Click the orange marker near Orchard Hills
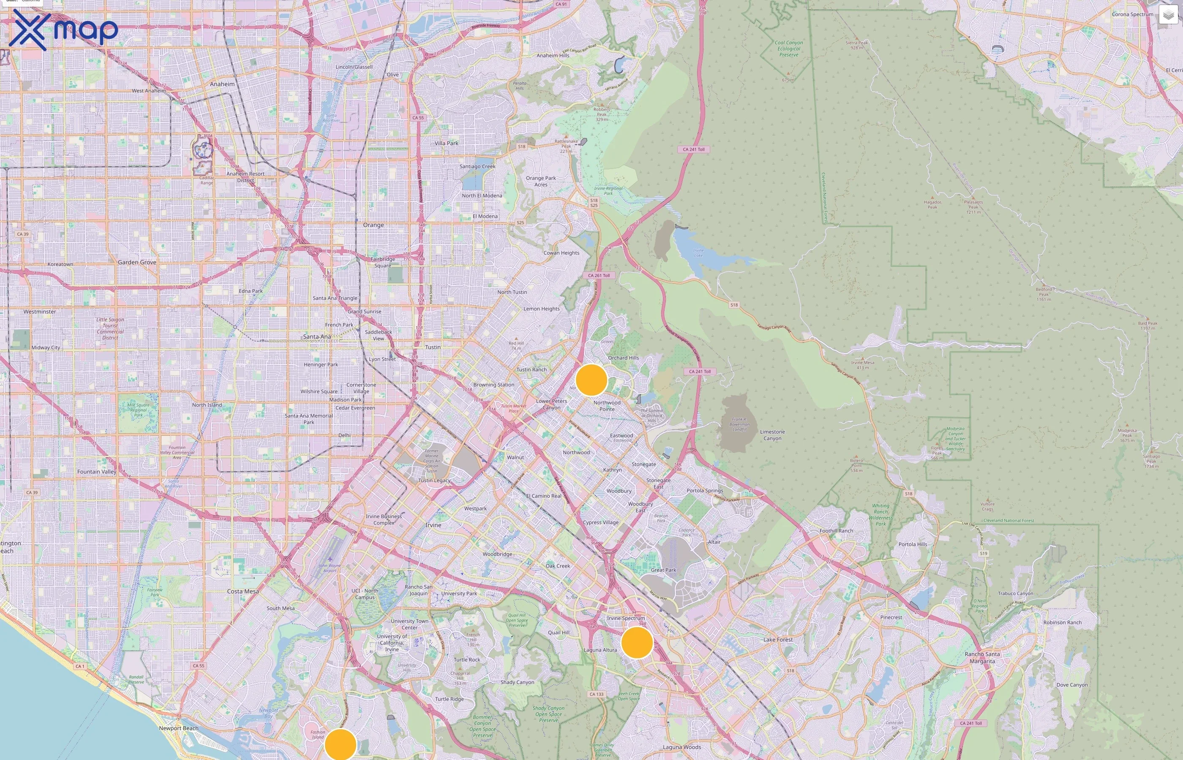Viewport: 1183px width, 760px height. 591,380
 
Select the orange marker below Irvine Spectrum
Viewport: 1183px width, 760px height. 637,643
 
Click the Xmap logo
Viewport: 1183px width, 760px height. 63,30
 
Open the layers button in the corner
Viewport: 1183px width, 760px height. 1168,15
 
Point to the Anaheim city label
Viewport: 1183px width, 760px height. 222,84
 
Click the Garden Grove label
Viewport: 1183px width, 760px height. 137,263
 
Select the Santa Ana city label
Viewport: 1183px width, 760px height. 317,337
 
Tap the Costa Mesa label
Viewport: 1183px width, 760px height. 243,591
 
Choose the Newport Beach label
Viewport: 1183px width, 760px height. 178,728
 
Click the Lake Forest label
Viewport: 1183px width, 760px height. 778,640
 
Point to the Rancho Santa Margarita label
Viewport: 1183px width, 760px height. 982,657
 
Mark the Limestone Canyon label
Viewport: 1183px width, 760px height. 772,435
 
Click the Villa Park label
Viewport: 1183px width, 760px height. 446,143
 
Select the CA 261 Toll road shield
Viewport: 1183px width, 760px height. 599,275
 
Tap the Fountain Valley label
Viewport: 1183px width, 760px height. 97,472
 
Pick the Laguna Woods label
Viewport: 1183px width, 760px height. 681,747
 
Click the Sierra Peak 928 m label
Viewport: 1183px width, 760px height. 857,45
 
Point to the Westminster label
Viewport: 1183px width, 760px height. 39,312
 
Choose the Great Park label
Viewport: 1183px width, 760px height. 663,570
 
